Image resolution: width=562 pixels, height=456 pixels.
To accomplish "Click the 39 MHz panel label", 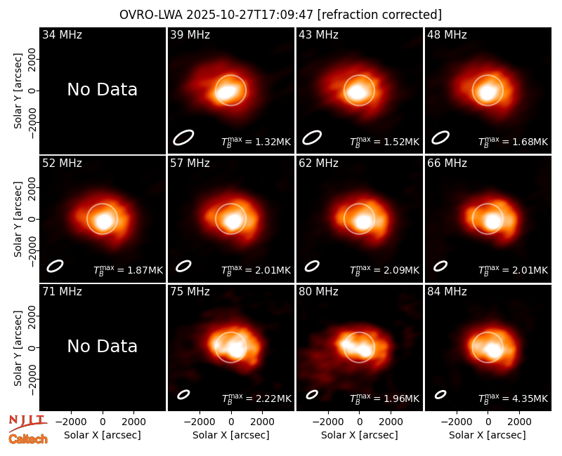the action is click(x=190, y=34).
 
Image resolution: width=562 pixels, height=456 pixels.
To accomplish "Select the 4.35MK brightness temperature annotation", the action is click(x=514, y=398).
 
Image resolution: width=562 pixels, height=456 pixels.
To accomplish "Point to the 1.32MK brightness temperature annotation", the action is click(x=256, y=142).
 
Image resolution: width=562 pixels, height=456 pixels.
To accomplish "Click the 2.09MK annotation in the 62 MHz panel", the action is click(x=384, y=270).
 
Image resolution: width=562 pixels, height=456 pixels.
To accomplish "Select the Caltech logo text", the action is click(x=28, y=439).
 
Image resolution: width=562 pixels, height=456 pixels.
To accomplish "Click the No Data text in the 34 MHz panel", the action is click(x=102, y=90).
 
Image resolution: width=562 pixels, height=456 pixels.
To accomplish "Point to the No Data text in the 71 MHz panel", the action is click(x=102, y=347).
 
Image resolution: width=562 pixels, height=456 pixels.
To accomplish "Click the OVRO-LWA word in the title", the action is click(x=151, y=15).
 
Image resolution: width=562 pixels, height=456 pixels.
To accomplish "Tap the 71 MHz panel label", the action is click(x=62, y=292).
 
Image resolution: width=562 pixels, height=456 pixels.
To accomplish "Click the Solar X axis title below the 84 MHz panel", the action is click(x=488, y=435).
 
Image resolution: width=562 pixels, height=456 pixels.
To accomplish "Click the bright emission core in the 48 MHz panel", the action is click(x=487, y=92).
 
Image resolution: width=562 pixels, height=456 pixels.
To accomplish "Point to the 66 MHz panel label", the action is click(x=447, y=163).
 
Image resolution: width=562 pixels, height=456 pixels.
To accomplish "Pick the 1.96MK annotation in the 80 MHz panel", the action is click(x=384, y=398).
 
